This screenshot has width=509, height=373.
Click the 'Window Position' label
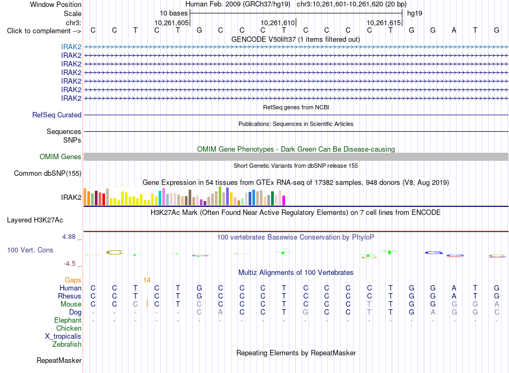[56, 4]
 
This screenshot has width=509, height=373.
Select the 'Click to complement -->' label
[44, 31]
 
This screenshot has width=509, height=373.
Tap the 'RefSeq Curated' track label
[57, 115]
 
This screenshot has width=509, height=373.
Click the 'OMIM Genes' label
[61, 157]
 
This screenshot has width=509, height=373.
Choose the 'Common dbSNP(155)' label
[48, 173]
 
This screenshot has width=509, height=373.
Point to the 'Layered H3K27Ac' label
[35, 220]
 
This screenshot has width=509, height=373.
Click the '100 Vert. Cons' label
[30, 250]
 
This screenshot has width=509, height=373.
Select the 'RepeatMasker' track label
[59, 360]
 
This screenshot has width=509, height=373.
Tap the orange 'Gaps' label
[73, 280]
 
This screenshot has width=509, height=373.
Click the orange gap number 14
[147, 280]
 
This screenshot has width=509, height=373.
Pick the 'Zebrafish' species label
[67, 344]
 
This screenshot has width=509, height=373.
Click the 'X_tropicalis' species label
[63, 337]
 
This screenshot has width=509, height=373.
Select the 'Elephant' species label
[68, 320]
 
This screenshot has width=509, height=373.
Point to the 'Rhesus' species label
[70, 296]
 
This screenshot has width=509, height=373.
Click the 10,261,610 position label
[278, 23]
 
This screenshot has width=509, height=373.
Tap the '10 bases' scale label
[174, 13]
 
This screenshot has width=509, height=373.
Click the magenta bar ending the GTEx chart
[284, 200]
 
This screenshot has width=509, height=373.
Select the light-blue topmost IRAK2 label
[71, 47]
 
